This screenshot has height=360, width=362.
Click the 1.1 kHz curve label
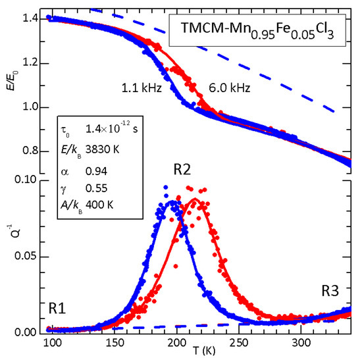[x=139, y=86]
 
